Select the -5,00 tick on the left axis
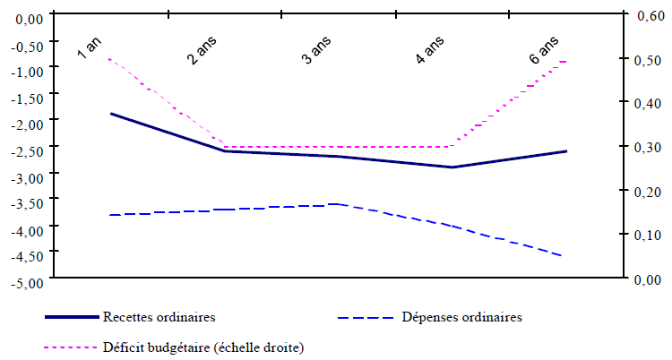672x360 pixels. pos(30,283)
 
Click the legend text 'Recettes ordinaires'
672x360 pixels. pos(159,317)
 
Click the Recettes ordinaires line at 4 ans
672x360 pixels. pos(452,167)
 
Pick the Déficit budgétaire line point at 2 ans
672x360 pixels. pos(224,147)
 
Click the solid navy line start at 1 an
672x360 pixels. pos(110,114)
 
